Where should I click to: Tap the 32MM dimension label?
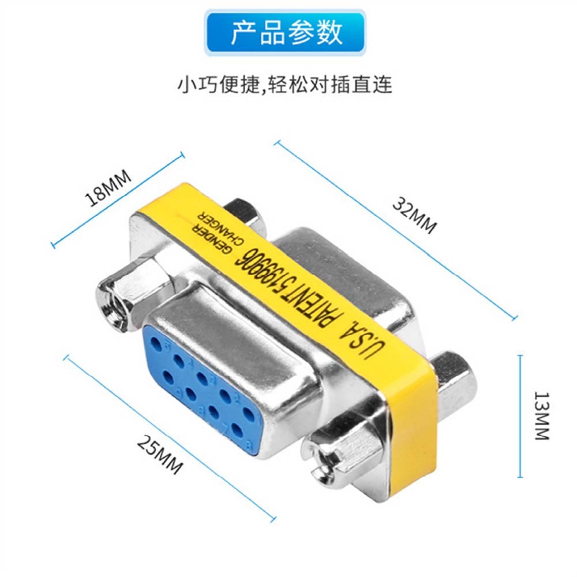coord(414,215)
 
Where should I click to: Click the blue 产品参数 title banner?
coord(286,32)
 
